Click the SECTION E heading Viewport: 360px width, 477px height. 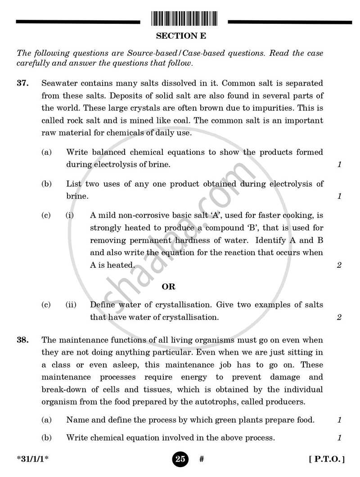click(181, 36)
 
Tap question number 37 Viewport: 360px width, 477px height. click(23, 83)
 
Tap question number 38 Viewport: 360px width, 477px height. click(23, 340)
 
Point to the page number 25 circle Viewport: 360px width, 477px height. click(180, 459)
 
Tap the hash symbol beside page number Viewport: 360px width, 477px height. click(202, 459)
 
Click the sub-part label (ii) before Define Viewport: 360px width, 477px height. click(71, 305)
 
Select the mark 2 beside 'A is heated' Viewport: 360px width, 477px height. click(339, 265)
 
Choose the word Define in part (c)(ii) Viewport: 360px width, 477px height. click(102, 305)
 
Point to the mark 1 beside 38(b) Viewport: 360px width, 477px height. click(339, 437)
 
